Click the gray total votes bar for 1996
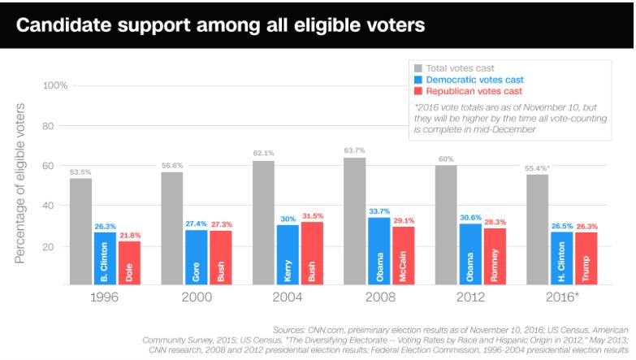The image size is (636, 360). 80,231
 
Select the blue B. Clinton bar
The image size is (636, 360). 106,258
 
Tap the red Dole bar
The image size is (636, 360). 129,262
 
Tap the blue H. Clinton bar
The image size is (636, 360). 561,258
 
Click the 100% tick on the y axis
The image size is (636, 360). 55,85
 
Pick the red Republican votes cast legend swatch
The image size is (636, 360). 418,91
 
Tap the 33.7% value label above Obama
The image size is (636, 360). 379,210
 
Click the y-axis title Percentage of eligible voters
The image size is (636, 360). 21,183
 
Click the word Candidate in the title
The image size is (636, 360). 65,25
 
